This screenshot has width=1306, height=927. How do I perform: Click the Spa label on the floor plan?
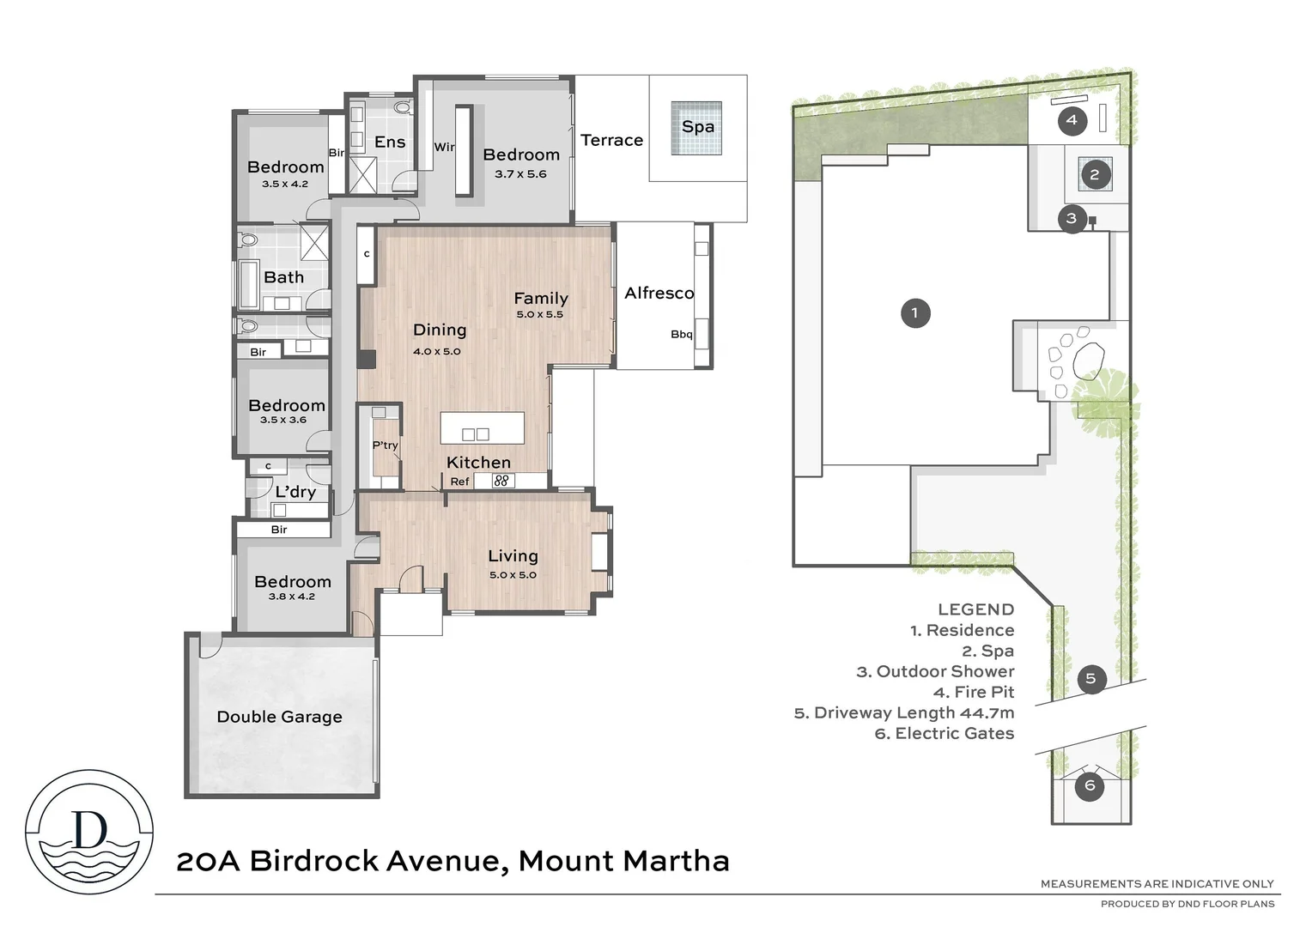697,127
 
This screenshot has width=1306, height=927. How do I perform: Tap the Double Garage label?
279,717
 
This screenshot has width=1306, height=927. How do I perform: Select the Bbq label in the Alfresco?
681,334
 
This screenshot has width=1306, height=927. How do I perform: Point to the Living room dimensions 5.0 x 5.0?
513,575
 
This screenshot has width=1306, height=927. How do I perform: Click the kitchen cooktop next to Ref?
502,481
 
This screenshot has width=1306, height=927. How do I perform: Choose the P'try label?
385,445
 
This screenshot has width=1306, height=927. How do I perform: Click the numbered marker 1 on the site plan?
914,312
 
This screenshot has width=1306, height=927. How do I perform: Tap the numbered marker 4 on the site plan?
1071,120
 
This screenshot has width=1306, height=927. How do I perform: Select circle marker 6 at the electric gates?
1090,785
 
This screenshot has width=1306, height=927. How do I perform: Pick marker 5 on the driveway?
1090,679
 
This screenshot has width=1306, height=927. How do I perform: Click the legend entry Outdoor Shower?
935,671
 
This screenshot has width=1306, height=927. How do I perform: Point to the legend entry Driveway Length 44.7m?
904,712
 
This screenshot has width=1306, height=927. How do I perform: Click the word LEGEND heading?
975,609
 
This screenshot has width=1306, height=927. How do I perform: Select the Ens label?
390,142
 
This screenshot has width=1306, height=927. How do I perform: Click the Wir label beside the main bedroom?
444,147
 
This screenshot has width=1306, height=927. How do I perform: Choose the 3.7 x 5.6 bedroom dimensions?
520,174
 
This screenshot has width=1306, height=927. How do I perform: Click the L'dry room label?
295,492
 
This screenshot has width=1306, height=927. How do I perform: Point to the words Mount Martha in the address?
623,861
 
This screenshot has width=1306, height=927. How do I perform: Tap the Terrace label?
611,140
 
